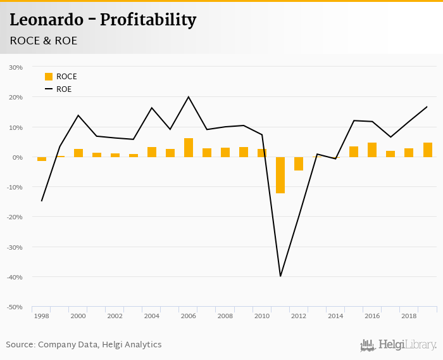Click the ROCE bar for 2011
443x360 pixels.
(280, 175)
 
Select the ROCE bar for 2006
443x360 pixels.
(189, 148)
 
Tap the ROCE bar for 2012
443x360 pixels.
(299, 164)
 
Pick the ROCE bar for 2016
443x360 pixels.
(372, 150)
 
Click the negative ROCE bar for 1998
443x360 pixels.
(42, 159)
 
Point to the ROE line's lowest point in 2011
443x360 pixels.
(280, 276)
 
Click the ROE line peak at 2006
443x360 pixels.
(189, 97)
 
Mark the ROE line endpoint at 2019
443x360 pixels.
(427, 106)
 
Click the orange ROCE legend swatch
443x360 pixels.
(49, 77)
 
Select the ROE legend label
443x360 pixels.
(64, 89)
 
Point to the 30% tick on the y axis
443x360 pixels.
(16, 67)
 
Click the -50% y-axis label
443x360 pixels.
(15, 307)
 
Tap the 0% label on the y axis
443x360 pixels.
(18, 157)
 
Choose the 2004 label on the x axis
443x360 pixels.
(152, 316)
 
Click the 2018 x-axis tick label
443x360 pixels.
(409, 316)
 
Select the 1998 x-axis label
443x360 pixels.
(42, 316)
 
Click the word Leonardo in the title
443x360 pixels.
(46, 20)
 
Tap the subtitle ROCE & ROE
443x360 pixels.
(44, 41)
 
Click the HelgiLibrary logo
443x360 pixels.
(398, 345)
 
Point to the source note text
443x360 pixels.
(84, 345)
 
